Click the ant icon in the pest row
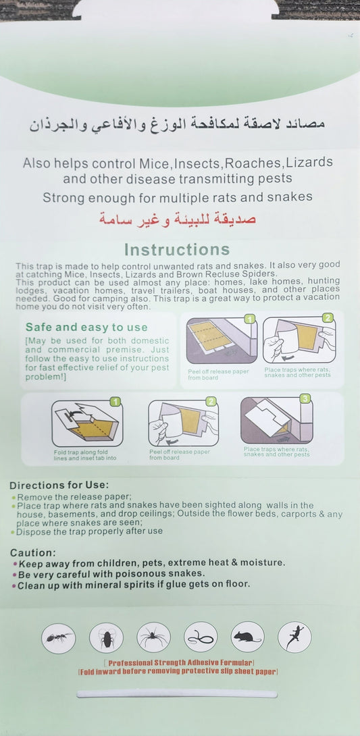point(58,637)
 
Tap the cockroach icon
point(106,637)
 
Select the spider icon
point(153,637)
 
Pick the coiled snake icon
point(201,637)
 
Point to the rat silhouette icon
point(247,637)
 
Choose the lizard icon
point(294,637)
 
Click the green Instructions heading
point(177,251)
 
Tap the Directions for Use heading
point(59,485)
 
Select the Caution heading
point(32,552)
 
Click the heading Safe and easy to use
point(86,327)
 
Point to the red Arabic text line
point(178,218)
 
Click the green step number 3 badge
point(305,399)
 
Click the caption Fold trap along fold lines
point(84,454)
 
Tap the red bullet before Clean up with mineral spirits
point(14,585)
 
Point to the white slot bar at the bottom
point(177,693)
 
